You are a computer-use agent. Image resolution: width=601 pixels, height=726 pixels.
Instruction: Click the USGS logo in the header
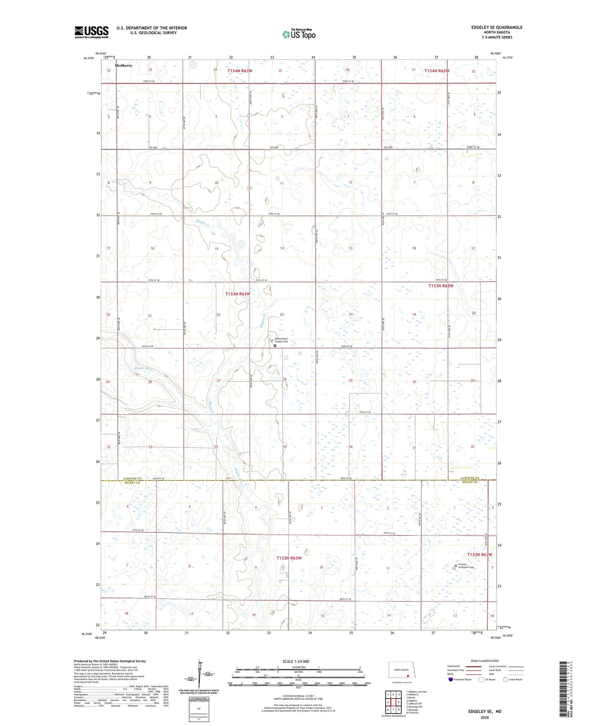92,32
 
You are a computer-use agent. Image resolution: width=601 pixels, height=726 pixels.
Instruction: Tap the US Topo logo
299,34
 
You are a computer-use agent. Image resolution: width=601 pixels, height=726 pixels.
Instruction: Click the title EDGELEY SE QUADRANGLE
497,27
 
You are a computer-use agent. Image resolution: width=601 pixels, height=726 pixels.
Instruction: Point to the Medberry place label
124,66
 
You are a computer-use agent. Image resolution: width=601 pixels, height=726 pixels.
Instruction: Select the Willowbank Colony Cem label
281,340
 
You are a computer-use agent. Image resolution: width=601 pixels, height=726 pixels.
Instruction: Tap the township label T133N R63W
238,294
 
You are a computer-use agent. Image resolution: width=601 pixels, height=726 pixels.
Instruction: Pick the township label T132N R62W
479,555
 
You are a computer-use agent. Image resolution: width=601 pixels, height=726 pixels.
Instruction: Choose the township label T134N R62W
437,71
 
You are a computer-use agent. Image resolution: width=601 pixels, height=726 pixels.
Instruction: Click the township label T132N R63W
289,558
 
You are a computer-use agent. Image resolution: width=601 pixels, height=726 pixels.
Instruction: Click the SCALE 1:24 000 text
296,661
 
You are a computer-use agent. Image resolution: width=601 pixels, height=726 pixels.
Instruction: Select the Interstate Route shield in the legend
450,679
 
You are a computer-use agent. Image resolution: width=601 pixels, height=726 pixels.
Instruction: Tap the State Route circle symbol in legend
506,679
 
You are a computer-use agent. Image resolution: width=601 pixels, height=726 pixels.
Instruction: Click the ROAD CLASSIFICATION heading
485,661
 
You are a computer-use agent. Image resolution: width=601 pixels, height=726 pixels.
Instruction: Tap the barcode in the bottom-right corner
563,689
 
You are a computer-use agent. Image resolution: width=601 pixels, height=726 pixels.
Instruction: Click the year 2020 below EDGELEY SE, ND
485,717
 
